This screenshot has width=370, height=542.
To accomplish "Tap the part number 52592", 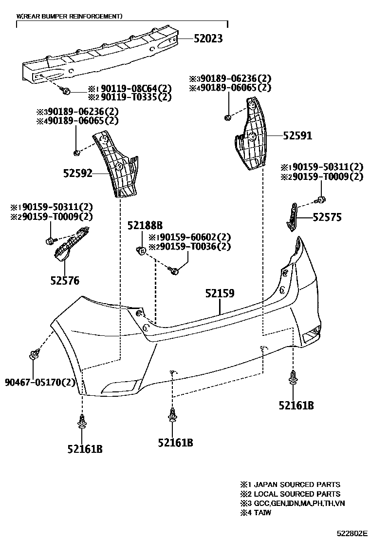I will pos(77,173).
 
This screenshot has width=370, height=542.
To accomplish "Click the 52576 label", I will pos(64,281).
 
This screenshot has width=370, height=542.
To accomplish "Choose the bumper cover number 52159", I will pos(220,293).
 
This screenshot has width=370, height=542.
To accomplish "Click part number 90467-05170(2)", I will pos(41,382).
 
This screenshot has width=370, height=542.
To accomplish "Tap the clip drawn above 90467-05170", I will pos(34,355).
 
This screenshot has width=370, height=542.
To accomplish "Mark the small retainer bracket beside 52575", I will pos(292,215).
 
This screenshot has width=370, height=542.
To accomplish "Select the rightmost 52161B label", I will pos(296,406).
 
